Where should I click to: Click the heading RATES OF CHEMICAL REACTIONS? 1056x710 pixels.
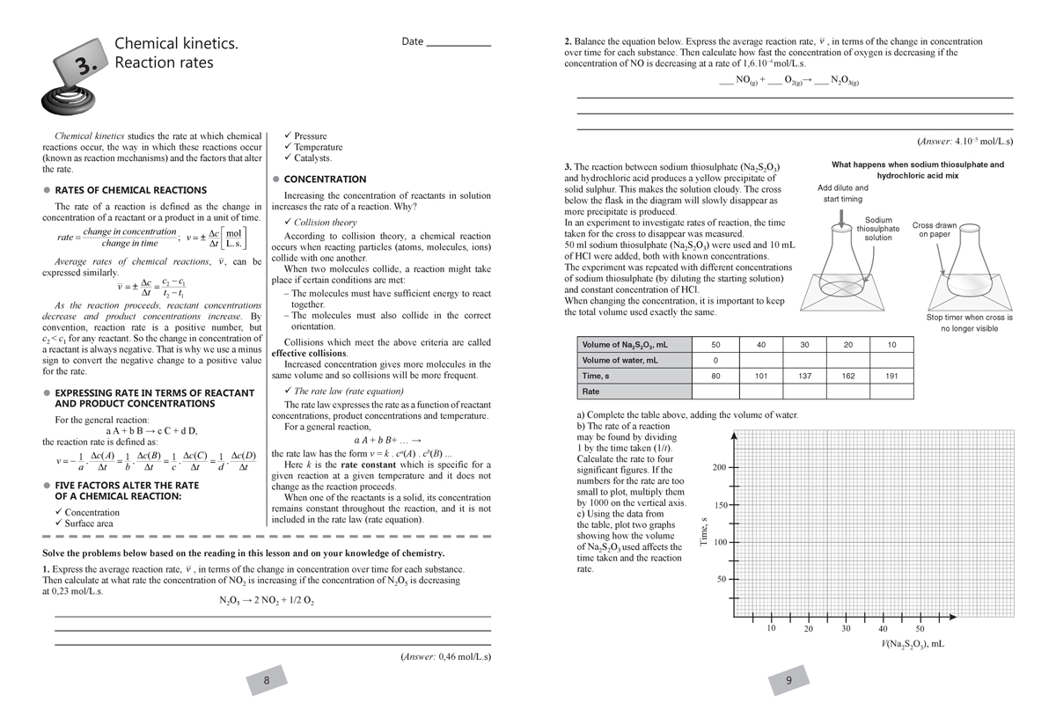point(130,190)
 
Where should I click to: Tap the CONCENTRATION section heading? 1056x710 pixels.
point(325,179)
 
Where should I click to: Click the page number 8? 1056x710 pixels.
point(267,680)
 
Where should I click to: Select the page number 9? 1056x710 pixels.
point(788,680)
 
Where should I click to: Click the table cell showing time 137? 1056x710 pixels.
point(804,376)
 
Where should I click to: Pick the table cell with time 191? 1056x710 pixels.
point(891,376)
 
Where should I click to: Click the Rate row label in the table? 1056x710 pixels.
point(590,392)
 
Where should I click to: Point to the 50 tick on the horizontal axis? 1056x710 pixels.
point(920,628)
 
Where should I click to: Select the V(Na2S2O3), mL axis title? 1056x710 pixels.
point(913,644)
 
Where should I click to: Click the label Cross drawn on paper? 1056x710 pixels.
point(935,230)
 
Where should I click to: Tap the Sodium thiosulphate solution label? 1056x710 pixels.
point(877,229)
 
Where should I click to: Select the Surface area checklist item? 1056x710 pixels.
point(88,523)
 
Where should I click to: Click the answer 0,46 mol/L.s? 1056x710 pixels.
point(444,656)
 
